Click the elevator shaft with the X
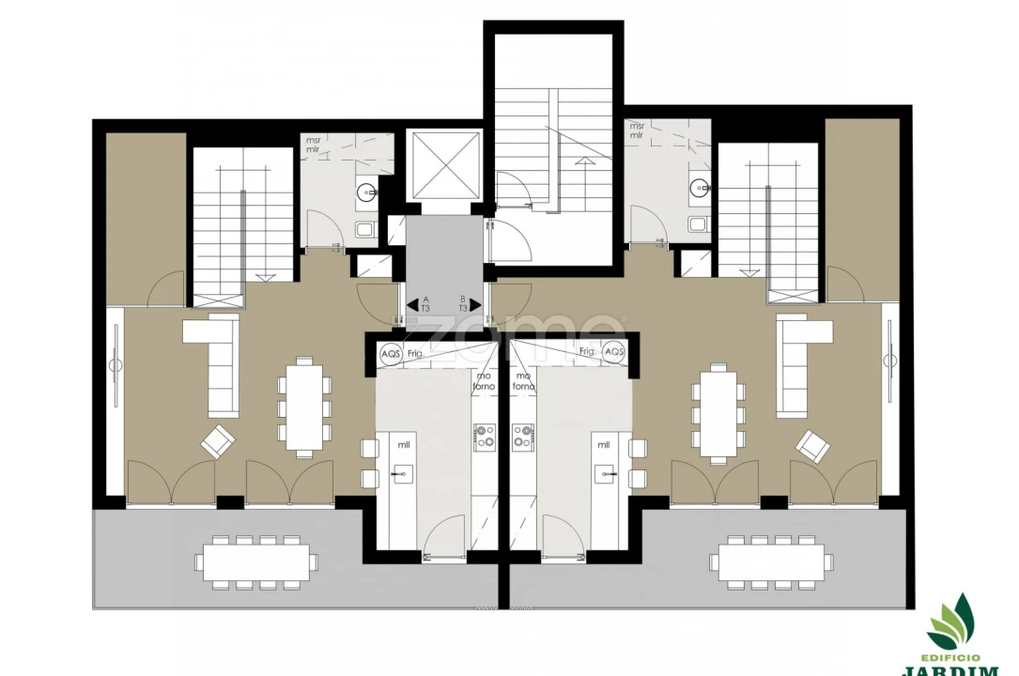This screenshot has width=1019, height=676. (442, 164)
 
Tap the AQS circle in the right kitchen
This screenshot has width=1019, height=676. (614, 352)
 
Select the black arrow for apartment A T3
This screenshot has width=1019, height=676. (412, 304)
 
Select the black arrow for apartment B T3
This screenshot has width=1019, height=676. (475, 304)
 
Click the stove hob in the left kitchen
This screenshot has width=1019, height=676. (486, 435)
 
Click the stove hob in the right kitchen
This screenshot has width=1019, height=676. (522, 435)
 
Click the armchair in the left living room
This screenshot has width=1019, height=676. (218, 440)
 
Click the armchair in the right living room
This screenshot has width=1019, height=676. (812, 445)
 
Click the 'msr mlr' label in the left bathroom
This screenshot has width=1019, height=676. (313, 145)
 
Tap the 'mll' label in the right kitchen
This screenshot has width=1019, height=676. (602, 445)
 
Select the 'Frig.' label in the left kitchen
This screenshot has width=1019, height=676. (416, 353)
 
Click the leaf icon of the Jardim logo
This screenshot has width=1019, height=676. (951, 619)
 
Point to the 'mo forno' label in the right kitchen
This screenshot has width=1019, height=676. (523, 381)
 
